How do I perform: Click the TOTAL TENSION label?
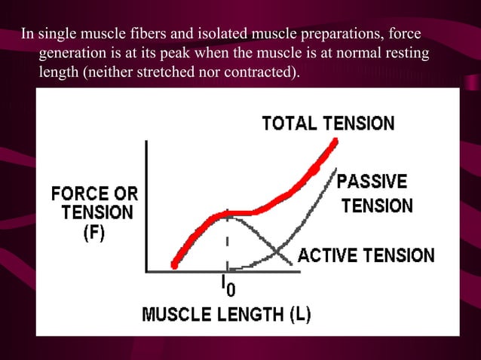pos(327,123)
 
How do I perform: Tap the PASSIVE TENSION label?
pos(373,194)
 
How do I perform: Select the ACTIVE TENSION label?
pos(366,255)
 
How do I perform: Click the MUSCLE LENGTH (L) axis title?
pos(226,314)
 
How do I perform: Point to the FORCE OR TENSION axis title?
pos(94,203)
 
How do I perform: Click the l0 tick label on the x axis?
pos(227,285)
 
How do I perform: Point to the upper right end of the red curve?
pos(332,141)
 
